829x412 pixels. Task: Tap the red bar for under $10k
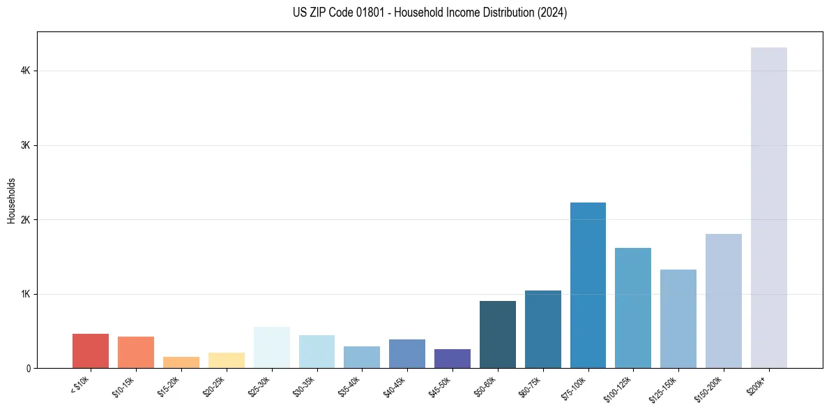pos(91,351)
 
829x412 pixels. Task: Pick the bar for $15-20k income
pos(181,362)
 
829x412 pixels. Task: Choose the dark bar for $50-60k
pos(497,334)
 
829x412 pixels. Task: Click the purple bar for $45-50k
pos(452,358)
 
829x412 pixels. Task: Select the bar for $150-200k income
pos(723,301)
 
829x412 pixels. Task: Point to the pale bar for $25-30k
pos(271,347)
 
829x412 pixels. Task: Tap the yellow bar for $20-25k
pos(226,360)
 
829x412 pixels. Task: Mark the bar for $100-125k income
pos(633,308)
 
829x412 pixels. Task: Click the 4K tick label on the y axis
pos(25,71)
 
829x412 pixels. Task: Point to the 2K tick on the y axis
pos(25,220)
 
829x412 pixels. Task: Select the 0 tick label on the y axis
pos(29,369)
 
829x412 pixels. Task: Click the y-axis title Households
pos(11,200)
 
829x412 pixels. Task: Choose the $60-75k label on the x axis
pos(531,385)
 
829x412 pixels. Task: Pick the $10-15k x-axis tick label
pos(123,385)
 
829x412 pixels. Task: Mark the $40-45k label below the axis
pos(395,385)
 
